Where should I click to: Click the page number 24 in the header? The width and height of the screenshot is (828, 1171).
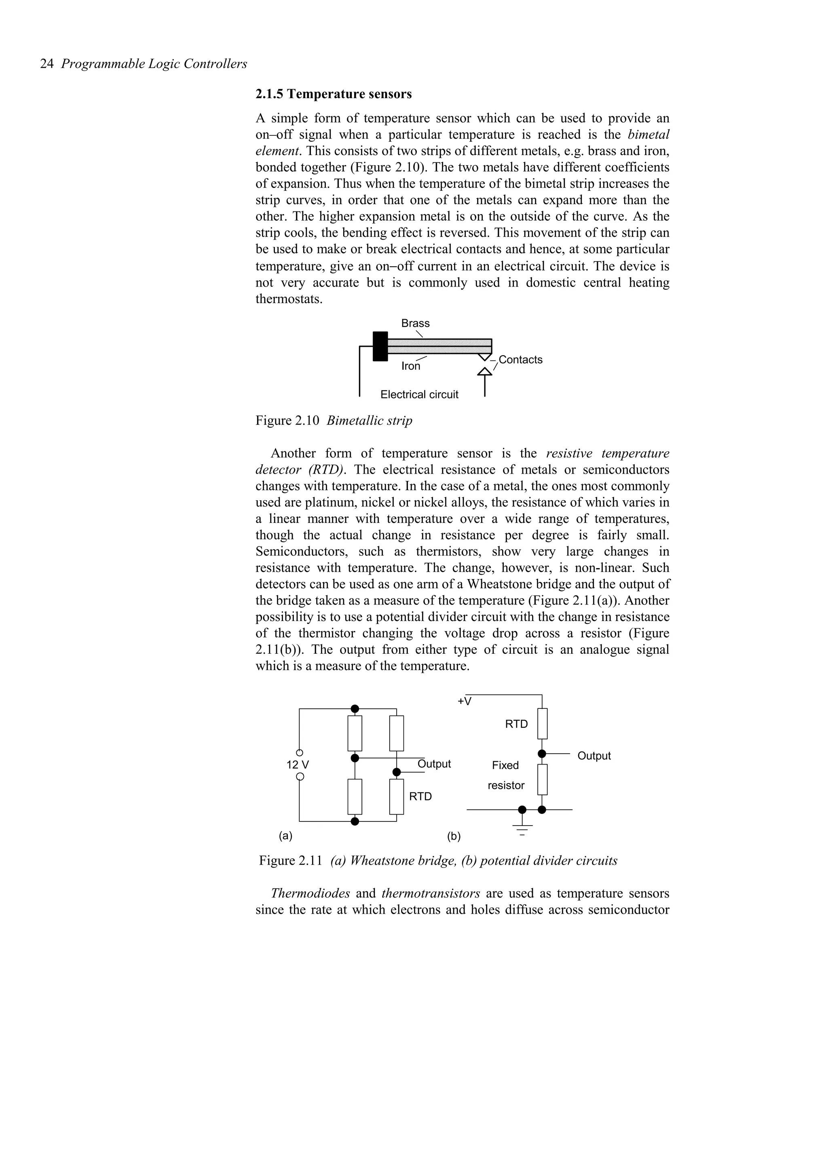click(x=46, y=64)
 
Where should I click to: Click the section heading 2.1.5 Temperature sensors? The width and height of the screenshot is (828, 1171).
click(x=333, y=95)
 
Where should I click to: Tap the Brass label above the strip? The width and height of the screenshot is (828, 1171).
click(x=415, y=323)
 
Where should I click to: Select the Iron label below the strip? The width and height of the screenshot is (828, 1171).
click(x=411, y=366)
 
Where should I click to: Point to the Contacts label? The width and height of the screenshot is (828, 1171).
click(x=520, y=360)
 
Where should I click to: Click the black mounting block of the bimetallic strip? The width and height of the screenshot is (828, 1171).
click(x=380, y=346)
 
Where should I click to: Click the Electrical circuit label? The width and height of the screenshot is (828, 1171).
click(x=419, y=395)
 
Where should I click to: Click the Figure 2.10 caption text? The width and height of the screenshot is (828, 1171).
click(x=334, y=421)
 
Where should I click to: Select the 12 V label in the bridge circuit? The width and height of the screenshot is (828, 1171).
click(x=298, y=765)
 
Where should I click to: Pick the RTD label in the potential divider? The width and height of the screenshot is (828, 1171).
click(x=516, y=724)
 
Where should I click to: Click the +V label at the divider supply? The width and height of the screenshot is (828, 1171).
click(x=464, y=702)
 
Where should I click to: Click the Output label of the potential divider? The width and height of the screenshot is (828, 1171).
click(x=594, y=756)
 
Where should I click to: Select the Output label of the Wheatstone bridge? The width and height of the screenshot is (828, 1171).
click(x=434, y=764)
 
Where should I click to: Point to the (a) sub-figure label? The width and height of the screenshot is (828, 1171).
click(x=285, y=836)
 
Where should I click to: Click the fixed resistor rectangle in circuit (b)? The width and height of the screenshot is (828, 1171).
click(x=542, y=779)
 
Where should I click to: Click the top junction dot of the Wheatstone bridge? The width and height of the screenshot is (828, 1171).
click(x=355, y=709)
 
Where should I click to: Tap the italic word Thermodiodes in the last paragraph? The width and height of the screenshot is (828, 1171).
click(x=310, y=893)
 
